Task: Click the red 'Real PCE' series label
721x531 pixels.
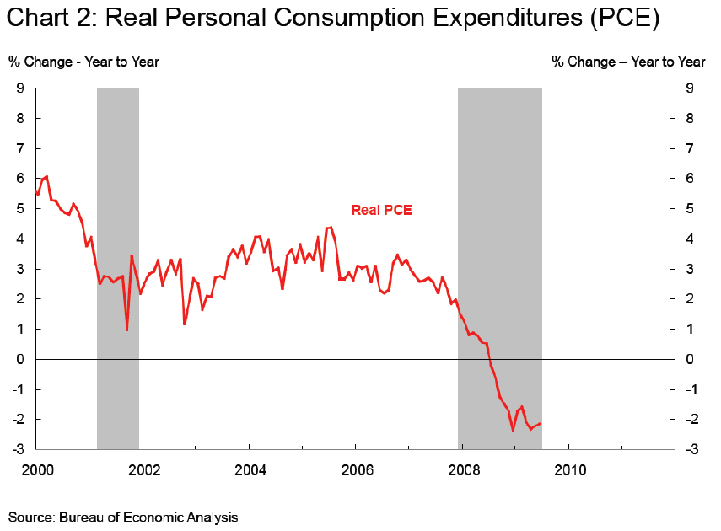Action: coord(381,210)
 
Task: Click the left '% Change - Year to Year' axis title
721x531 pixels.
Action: coord(83,62)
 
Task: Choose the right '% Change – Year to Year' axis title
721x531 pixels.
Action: coord(628,62)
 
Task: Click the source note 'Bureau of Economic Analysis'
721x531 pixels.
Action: coord(148,517)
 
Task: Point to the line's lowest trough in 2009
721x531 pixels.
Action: coord(513,431)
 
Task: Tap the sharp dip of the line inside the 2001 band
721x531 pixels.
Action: coord(127,330)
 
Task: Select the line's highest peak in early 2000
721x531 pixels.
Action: coord(46,176)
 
